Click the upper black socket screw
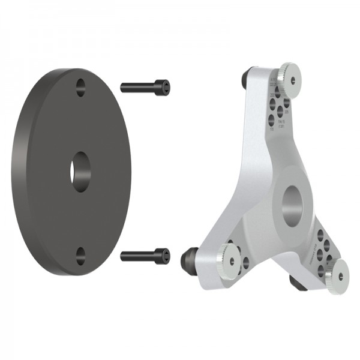(x=144, y=88)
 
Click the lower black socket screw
(x=144, y=256)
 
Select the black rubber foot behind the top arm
(x=247, y=78)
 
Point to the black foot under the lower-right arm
(x=298, y=282)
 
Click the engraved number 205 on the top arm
(x=286, y=112)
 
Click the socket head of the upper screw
(x=162, y=88)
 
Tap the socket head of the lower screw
(x=162, y=256)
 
